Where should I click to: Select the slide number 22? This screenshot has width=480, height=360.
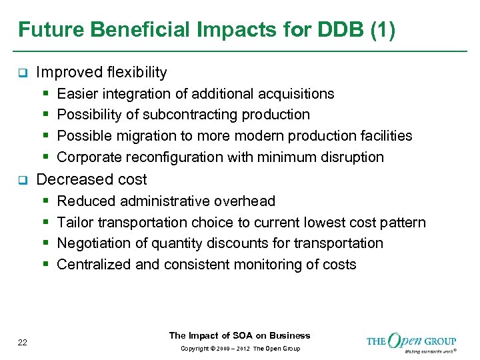click(x=23, y=342)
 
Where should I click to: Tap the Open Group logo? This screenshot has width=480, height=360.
click(x=411, y=342)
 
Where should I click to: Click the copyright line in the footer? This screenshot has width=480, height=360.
click(x=239, y=349)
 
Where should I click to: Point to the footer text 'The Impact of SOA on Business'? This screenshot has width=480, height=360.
click(x=239, y=335)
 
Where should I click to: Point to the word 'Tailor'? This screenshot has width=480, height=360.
click(x=73, y=222)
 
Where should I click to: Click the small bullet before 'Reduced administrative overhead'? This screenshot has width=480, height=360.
click(x=45, y=201)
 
